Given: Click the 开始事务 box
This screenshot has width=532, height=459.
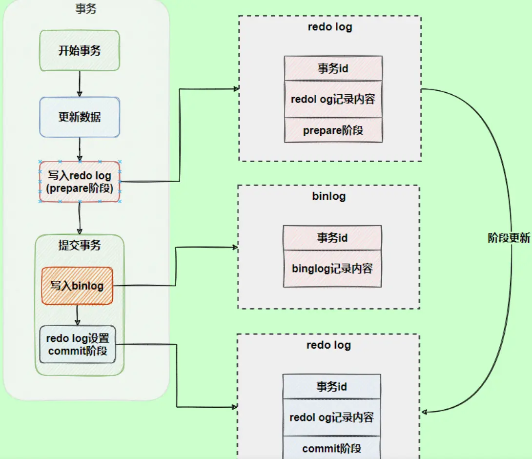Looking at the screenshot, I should (80, 50).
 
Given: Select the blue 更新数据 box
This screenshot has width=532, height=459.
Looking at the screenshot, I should (80, 117).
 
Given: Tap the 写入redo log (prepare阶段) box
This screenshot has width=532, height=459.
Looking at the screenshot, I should (80, 181).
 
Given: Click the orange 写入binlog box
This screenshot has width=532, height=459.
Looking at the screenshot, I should (77, 286).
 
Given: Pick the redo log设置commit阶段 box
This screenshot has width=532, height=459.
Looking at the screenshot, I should (78, 344).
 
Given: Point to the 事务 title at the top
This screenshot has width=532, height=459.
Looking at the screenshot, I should (85, 9).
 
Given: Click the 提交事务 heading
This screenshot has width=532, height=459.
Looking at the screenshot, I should (80, 245).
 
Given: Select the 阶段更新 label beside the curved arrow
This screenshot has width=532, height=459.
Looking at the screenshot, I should (509, 238).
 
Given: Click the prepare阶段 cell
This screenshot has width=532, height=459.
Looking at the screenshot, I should (333, 130).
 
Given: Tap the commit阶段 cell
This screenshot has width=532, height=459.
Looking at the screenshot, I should (332, 448).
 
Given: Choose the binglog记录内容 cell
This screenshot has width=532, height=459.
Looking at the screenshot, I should (332, 268).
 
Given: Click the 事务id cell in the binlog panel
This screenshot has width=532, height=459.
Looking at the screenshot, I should (332, 238).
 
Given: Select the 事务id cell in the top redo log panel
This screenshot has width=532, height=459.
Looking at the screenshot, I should (333, 68).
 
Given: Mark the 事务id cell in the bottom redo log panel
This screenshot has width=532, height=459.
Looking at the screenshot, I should (332, 387).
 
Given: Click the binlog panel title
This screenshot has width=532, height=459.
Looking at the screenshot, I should (329, 196).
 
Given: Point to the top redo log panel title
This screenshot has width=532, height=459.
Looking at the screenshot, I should (330, 26).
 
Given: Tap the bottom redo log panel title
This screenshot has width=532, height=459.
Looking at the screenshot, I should (328, 345).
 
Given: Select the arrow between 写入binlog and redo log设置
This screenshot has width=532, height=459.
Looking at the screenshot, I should (77, 315).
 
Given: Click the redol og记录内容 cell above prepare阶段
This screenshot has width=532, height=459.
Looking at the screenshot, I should (333, 99).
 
